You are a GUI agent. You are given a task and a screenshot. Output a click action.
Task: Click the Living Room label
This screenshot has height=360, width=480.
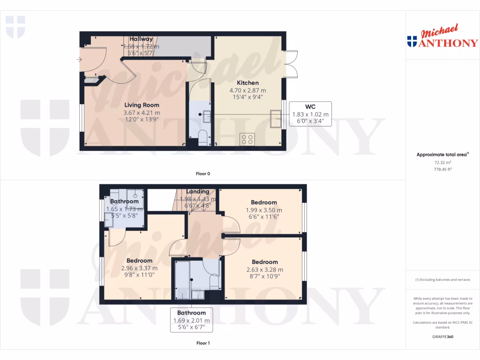[141, 105]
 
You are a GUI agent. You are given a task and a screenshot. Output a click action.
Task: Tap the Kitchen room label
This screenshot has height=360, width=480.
[247, 82]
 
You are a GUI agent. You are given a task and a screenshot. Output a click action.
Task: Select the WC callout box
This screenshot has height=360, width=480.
[310, 114]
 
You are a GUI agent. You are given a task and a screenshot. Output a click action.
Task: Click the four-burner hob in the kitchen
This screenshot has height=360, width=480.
[247, 139]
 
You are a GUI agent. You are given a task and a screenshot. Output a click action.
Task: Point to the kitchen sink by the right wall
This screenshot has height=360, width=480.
[276, 119]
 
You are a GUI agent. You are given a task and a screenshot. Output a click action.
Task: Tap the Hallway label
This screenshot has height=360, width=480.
[141, 39]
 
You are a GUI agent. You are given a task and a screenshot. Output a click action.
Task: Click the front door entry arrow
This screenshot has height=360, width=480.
[78, 60]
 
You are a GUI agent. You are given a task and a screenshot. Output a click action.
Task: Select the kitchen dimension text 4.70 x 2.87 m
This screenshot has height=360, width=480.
[247, 90]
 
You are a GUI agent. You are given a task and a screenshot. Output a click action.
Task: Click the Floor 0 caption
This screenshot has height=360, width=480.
[203, 173]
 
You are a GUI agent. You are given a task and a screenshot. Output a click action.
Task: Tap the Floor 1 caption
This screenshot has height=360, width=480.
[203, 343]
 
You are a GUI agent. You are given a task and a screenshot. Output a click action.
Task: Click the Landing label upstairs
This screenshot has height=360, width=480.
[197, 192]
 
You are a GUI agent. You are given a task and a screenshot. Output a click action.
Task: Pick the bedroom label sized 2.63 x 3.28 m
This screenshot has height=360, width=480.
[265, 262]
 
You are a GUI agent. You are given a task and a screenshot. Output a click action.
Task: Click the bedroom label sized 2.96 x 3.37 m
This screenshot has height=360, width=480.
[139, 261]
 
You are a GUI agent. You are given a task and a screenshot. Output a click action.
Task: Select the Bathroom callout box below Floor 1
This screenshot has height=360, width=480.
[191, 320]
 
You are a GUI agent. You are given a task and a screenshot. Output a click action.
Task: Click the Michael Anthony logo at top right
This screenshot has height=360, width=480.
[442, 37]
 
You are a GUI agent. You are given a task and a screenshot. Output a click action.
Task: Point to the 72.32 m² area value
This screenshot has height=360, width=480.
[442, 162]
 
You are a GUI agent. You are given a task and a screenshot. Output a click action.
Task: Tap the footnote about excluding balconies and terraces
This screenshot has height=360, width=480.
[442, 280]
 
